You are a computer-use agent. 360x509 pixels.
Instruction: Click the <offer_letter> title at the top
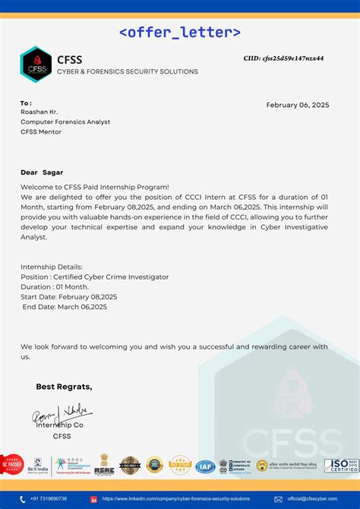pos(180,32)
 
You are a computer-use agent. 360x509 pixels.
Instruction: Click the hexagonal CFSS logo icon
pos(35,65)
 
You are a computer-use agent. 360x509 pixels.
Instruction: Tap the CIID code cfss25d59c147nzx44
pos(283,58)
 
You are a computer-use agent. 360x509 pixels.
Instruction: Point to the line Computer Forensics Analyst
pos(65,122)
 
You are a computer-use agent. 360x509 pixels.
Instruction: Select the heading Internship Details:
pos(51,267)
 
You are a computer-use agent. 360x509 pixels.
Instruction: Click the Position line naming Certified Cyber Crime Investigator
pos(94,277)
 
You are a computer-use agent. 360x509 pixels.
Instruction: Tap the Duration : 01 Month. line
pos(55,287)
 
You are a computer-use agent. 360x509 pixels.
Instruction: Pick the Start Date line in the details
pos(69,297)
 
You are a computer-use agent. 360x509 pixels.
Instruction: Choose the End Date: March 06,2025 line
pos(65,307)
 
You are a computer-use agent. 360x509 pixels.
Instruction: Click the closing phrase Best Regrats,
pos(64,387)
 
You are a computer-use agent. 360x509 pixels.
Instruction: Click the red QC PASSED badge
pos(10,463)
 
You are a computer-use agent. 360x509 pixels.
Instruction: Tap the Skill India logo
pos(36,465)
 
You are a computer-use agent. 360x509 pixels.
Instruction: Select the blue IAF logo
pos(204,466)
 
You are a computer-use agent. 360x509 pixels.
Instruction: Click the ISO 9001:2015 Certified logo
pos(341,465)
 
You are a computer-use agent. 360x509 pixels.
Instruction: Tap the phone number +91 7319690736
pos(49,499)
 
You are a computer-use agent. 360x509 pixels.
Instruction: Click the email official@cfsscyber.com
pos(313,499)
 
